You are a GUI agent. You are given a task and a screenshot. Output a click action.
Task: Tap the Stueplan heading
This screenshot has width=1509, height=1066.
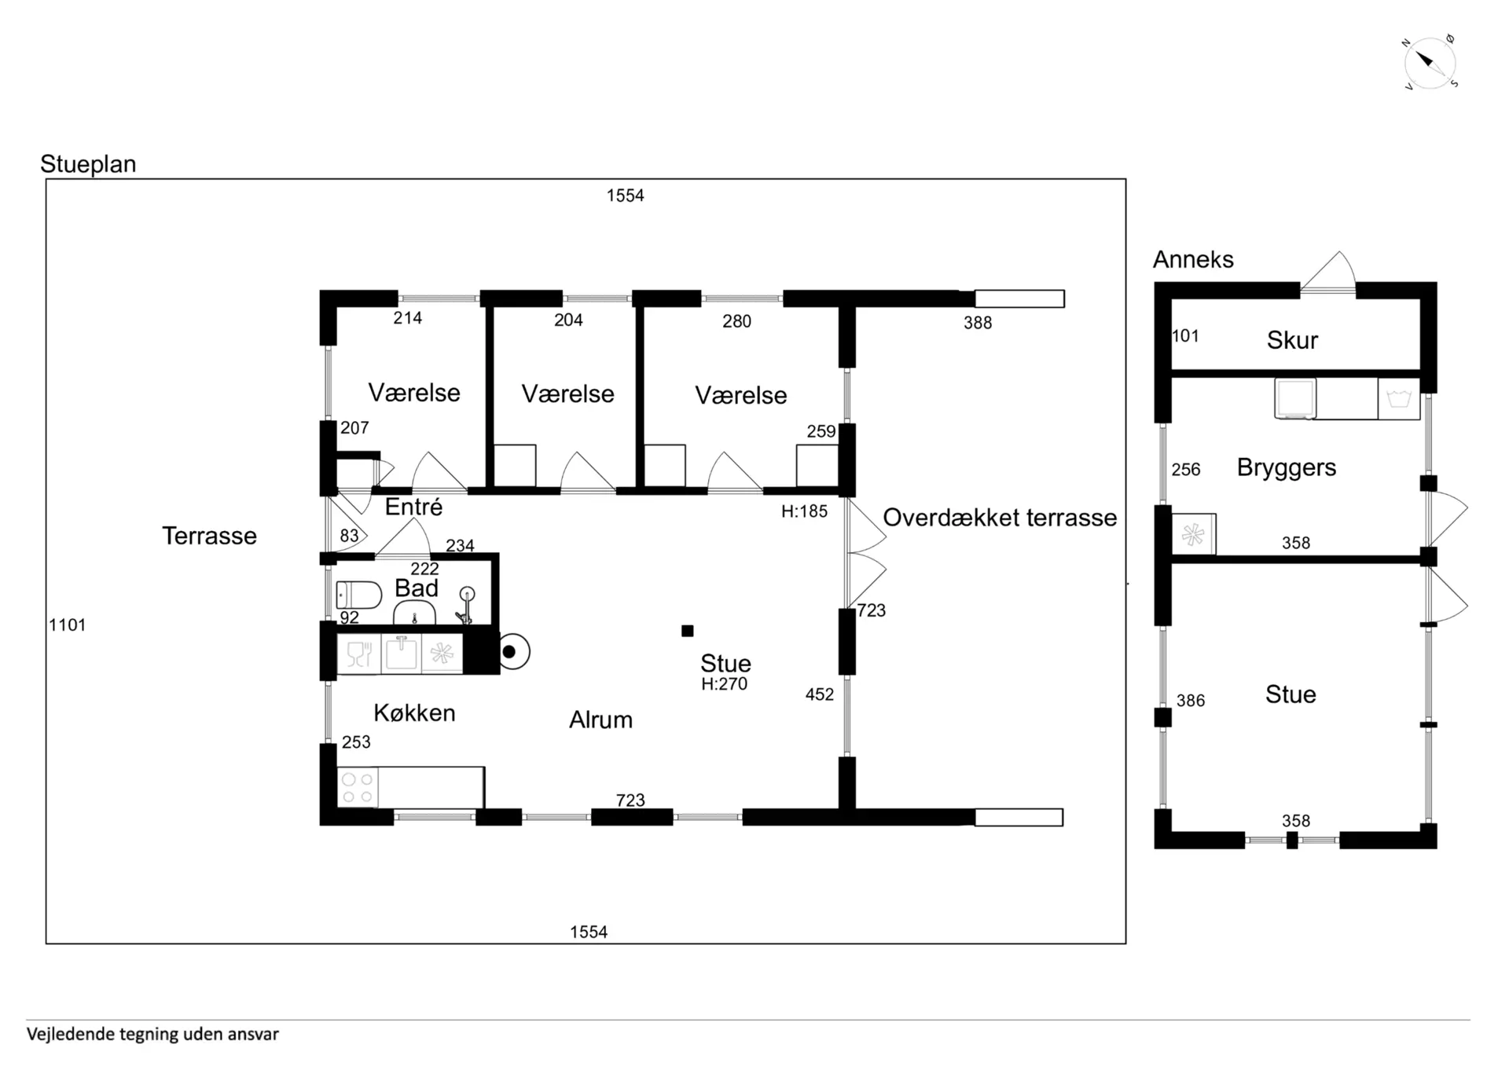pos(88,164)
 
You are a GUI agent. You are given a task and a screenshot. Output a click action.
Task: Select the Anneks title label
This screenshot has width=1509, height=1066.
pos(1193,259)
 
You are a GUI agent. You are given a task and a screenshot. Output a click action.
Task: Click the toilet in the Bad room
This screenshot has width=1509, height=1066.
pos(358,595)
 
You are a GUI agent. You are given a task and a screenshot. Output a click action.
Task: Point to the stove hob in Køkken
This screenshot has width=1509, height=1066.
pos(358,788)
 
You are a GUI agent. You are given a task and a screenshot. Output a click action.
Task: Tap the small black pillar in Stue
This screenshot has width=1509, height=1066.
pos(688,631)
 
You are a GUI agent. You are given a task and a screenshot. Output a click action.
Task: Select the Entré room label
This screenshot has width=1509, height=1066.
pos(413,507)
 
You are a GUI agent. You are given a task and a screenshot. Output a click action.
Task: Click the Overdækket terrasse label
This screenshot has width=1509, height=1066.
pos(1000,518)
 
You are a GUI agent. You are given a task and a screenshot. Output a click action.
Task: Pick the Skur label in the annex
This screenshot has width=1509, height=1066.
pos(1292,340)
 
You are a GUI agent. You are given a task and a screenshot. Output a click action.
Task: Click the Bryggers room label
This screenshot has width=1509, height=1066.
pos(1286,467)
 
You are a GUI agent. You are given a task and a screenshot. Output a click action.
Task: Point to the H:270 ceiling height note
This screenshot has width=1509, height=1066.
pos(724,684)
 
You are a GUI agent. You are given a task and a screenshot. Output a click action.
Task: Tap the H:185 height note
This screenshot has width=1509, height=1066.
pos(804,511)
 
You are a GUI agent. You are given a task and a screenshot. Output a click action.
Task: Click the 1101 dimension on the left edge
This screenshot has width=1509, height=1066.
pos(68,625)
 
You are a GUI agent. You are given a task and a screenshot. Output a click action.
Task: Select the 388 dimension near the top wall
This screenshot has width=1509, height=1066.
pos(978,323)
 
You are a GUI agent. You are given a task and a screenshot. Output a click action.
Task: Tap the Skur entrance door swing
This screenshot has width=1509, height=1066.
pos(1328,272)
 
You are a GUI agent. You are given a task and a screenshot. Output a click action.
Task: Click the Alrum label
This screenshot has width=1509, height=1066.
pos(600,720)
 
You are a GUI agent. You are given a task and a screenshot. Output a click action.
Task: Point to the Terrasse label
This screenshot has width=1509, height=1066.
pos(209,536)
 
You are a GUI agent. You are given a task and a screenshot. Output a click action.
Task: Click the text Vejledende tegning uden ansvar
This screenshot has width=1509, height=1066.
pos(152,1035)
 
